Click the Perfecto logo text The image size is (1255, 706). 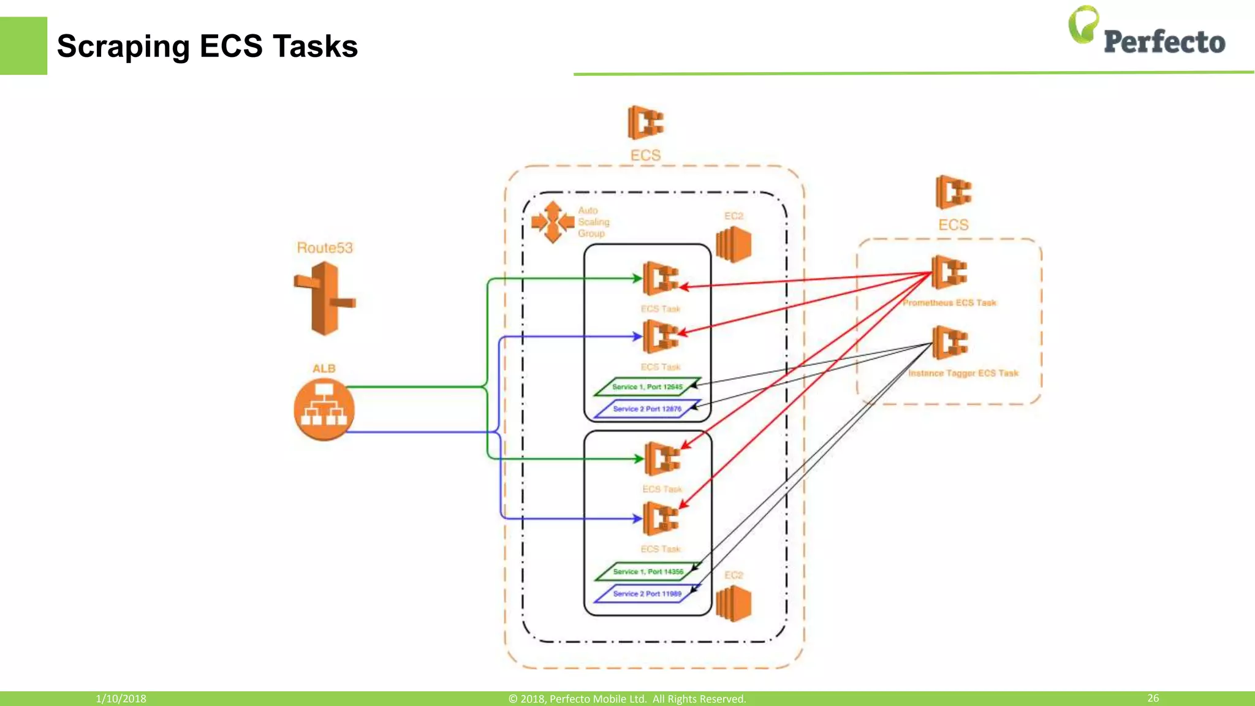[1164, 42]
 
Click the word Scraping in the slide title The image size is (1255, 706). [123, 47]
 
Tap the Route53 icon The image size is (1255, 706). [325, 298]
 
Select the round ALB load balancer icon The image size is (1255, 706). [324, 409]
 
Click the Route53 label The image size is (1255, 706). [325, 248]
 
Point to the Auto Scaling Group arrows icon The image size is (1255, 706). [553, 222]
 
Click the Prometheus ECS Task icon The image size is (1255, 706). [949, 272]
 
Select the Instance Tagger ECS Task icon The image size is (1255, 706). [950, 342]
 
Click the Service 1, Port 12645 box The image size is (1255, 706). [647, 387]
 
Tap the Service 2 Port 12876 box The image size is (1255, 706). [647, 409]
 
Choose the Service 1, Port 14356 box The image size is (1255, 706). [648, 572]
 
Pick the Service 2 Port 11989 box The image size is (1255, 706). [647, 594]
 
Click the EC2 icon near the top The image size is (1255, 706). [734, 244]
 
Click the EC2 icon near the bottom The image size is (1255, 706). [734, 603]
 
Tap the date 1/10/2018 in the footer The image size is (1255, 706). [121, 699]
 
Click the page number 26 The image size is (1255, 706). [1153, 698]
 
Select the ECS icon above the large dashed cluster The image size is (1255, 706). [645, 123]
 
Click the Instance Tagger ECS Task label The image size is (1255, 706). [963, 373]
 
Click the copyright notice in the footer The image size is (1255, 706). [627, 699]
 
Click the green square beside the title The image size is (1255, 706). [23, 46]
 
